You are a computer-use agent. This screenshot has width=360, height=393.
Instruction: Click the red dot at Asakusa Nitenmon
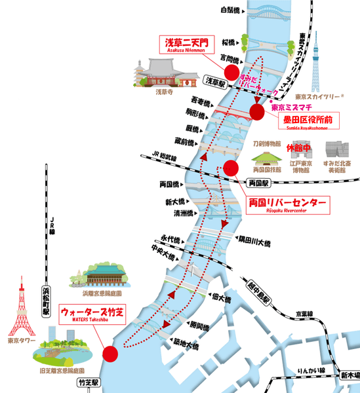click(231, 71)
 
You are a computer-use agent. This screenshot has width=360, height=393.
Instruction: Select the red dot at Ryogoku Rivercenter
click(230, 168)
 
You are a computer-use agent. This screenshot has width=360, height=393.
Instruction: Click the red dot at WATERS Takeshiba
click(111, 354)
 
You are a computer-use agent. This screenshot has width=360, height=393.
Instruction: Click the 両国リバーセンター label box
click(286, 204)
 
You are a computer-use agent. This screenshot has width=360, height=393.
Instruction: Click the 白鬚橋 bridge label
click(231, 10)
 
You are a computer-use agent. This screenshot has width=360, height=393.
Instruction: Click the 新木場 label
click(349, 376)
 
